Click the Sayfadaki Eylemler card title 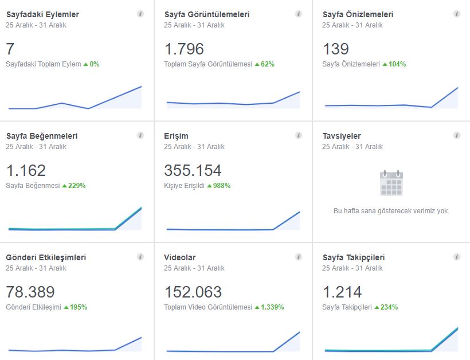click(42, 14)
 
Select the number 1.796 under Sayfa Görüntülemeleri click(184, 49)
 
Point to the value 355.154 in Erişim click(193, 171)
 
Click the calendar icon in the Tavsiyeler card click(391, 183)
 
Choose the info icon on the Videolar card click(299, 257)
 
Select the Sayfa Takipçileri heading click(354, 257)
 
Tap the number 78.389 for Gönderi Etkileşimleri click(30, 292)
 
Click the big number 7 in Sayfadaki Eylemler click(10, 49)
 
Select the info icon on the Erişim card click(299, 135)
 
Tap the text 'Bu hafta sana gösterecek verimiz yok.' click(391, 211)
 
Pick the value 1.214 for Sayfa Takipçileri click(342, 292)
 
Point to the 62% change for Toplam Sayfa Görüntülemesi click(267, 64)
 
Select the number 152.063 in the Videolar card click(193, 292)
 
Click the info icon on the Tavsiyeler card click(456, 135)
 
